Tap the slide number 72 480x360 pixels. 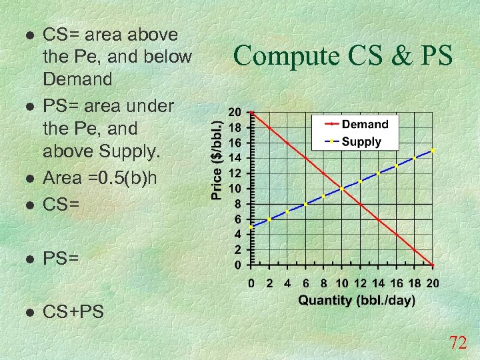click(457, 343)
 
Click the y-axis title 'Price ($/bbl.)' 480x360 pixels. click(217, 159)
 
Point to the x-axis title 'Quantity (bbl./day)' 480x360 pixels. click(357, 301)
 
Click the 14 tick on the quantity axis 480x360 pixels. click(378, 283)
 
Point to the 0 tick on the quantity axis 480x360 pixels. click(251, 283)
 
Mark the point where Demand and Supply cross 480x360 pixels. click(342, 189)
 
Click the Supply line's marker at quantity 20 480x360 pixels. click(433, 151)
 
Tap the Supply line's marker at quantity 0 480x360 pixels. click(251, 227)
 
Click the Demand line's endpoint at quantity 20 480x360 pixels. click(433, 265)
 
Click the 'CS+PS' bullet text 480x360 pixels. click(73, 311)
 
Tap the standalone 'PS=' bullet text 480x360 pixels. click(61, 257)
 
